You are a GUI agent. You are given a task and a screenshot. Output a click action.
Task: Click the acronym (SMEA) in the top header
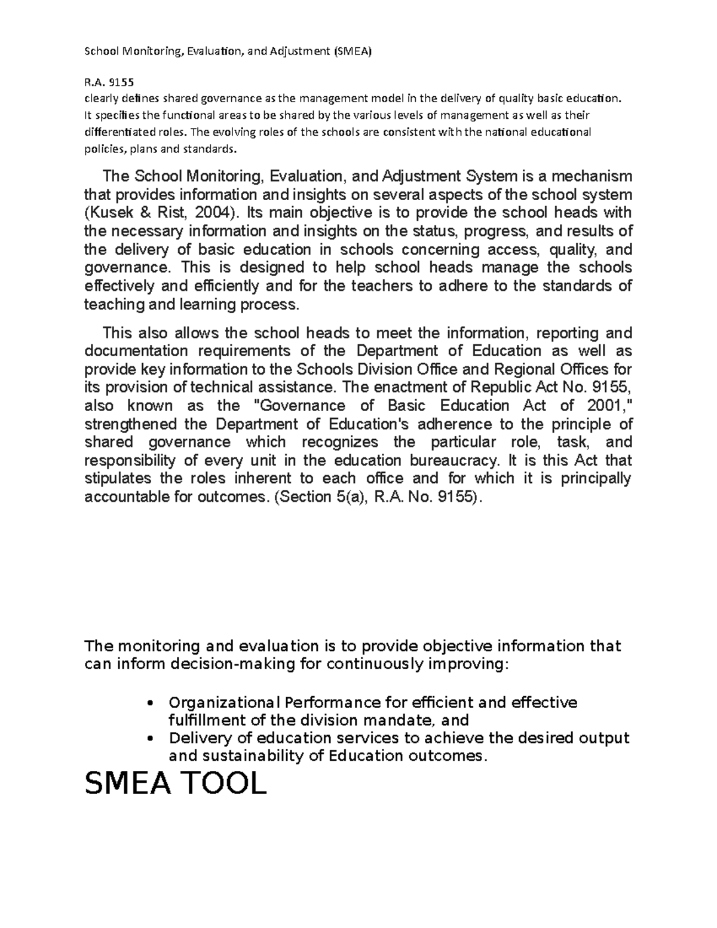(x=352, y=51)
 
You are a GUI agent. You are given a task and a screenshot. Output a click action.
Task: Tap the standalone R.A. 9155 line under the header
(x=109, y=82)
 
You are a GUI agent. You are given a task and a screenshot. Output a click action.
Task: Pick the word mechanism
(x=592, y=176)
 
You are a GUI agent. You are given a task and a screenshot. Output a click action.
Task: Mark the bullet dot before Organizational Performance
(x=151, y=703)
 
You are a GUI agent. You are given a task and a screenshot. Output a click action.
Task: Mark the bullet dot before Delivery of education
(x=151, y=739)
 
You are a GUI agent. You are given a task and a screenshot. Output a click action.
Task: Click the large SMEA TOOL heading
(x=175, y=783)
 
